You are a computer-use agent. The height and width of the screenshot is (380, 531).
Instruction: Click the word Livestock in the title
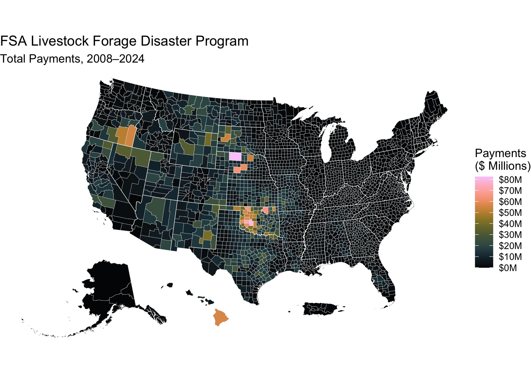click(60, 41)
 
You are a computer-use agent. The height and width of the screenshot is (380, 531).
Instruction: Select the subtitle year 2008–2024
click(115, 59)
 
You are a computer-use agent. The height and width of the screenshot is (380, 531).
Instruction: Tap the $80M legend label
click(510, 180)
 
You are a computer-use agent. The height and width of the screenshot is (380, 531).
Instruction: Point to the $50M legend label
click(510, 213)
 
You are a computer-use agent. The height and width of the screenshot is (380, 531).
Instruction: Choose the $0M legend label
click(508, 268)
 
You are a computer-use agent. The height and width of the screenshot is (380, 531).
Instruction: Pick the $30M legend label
click(510, 235)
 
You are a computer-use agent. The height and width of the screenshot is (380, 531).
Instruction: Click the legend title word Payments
click(500, 154)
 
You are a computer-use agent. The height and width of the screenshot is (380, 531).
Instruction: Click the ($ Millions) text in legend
click(502, 166)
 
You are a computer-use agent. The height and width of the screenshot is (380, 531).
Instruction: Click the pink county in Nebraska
click(235, 157)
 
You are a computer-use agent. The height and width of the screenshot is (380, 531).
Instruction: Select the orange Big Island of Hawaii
click(220, 317)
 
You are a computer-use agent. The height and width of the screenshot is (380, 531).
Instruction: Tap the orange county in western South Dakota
click(226, 138)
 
